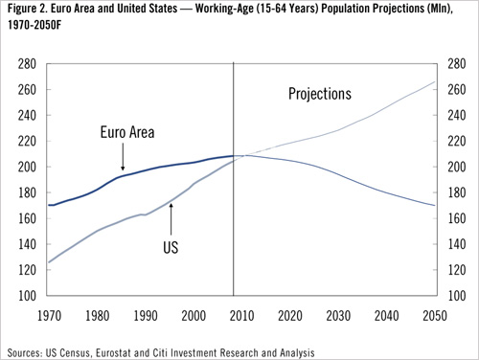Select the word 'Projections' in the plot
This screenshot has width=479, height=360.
[320, 94]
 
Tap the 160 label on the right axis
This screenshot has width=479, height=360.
[454, 218]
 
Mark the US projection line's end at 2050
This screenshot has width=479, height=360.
[434, 82]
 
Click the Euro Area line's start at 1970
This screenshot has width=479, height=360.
[49, 205]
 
